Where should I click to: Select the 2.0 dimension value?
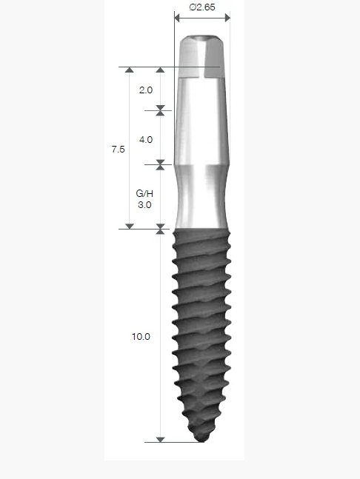coord(145,90)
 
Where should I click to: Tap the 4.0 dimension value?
coord(145,139)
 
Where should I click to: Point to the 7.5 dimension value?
coord(118,149)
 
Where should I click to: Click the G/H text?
coord(144,193)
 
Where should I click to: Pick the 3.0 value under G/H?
coord(144,205)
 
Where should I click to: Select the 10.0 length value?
coord(141,336)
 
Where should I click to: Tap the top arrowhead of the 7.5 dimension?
coord(130,70)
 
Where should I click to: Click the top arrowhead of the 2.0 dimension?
coord(160,70)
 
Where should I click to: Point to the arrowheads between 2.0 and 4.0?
coord(160,111)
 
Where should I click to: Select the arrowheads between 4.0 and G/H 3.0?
coord(160,164)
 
